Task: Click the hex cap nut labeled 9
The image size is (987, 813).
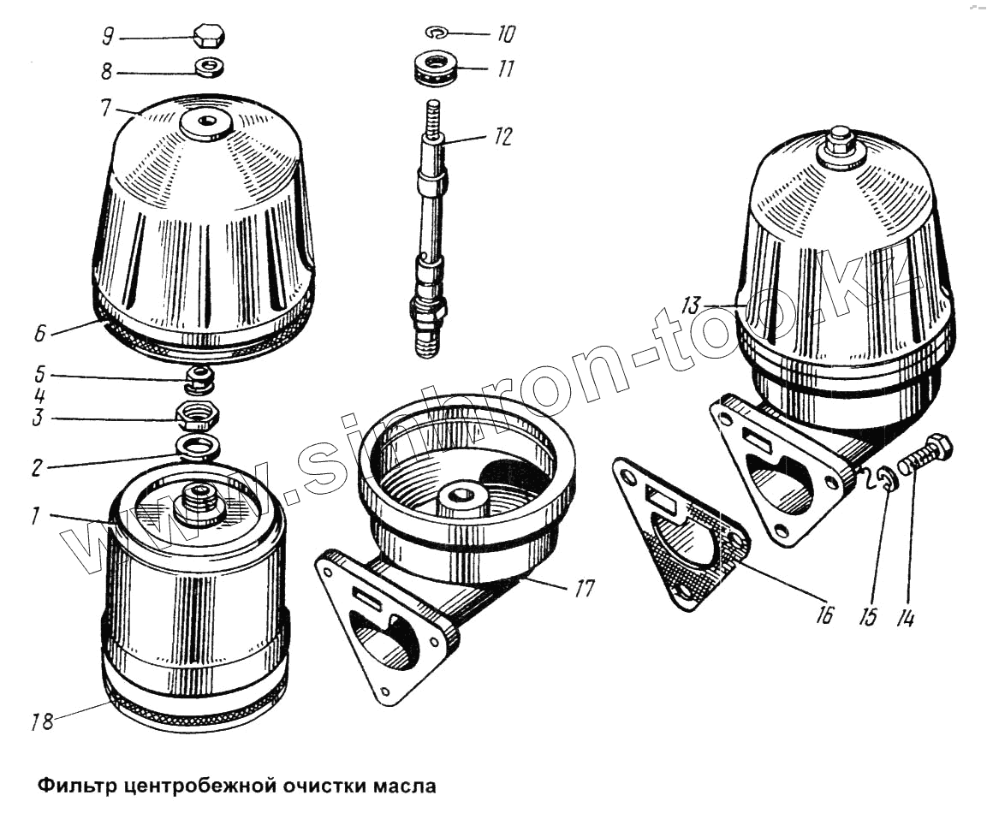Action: pos(207,37)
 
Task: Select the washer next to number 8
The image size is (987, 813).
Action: pos(208,67)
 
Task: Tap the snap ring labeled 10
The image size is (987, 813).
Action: pos(437,32)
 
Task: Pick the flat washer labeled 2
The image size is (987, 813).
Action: pos(199,447)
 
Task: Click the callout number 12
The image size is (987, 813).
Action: pos(503,137)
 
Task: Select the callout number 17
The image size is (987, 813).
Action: pos(584,589)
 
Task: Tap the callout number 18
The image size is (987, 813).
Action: pos(42,721)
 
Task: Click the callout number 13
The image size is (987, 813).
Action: pos(691,306)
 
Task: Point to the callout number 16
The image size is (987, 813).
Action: pos(823,614)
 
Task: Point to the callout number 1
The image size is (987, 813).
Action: pos(35,516)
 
